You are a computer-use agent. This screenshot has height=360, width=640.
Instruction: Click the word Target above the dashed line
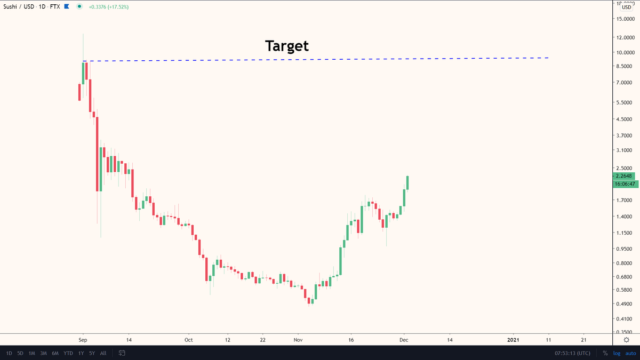pyautogui.click(x=287, y=46)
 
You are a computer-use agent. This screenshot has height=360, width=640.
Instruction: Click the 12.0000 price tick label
pyautogui.click(x=625, y=38)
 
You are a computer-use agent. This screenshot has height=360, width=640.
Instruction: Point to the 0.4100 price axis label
pyautogui.click(x=625, y=319)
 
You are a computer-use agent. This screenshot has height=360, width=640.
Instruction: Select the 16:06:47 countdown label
pyautogui.click(x=625, y=184)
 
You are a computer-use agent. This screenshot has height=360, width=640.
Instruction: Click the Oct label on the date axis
pyautogui.click(x=188, y=339)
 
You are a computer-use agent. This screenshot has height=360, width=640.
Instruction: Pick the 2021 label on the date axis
pyautogui.click(x=513, y=339)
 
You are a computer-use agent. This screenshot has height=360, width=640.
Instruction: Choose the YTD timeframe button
pyautogui.click(x=68, y=353)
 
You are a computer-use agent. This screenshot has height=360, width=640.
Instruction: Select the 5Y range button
pyautogui.click(x=92, y=353)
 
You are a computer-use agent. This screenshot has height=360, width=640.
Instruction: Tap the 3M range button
pyautogui.click(x=43, y=353)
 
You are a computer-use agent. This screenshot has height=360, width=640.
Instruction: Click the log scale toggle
pyautogui.click(x=617, y=353)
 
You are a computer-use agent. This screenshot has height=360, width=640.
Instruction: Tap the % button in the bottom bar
pyautogui.click(x=605, y=353)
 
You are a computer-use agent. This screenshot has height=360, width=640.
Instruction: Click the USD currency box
pyautogui.click(x=626, y=7)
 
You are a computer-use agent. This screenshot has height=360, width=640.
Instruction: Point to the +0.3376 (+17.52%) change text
pyautogui.click(x=108, y=7)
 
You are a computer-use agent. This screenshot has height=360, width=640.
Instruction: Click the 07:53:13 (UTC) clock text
pyautogui.click(x=572, y=353)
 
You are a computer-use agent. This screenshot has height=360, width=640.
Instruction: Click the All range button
pyautogui.click(x=103, y=353)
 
